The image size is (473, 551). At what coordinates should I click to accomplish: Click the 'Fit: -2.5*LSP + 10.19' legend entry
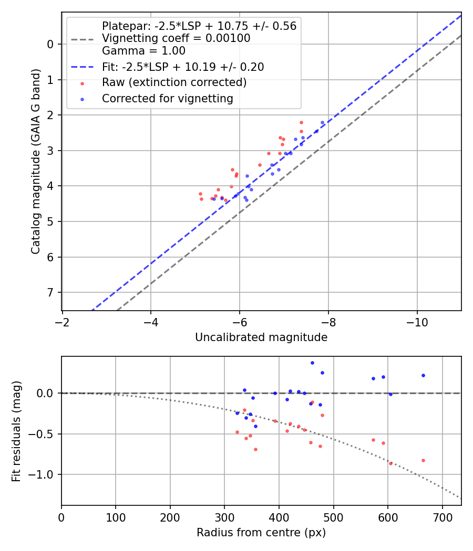coord(183,67)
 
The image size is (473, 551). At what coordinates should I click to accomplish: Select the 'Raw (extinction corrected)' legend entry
coord(174,83)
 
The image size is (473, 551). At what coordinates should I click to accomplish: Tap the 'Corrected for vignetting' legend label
coord(167,98)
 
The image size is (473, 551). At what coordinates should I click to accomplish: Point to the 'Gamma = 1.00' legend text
coord(143,51)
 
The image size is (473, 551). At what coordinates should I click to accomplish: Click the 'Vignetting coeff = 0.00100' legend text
coord(176,38)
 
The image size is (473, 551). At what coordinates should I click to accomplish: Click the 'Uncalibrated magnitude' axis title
coord(261,337)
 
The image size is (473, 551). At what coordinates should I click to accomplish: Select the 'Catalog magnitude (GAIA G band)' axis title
coord(35,164)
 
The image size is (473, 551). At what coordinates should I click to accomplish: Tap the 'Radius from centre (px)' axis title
coord(261,533)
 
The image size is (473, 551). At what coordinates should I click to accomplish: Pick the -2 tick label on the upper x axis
coord(63,321)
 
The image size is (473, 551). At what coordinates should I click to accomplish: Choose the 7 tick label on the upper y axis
coord(50,292)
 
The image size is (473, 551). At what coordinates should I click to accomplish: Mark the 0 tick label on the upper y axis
coord(50,44)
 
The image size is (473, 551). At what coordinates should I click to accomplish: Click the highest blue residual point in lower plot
coord(312,363)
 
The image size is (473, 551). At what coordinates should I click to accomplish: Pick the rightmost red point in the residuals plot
coord(423,460)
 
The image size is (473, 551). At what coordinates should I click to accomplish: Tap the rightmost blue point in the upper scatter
coord(323,122)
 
